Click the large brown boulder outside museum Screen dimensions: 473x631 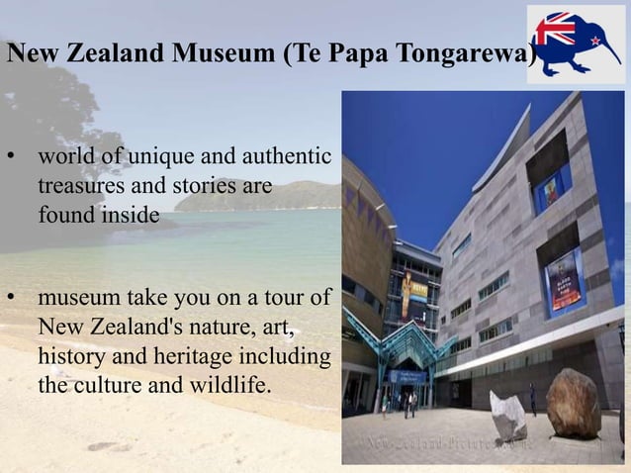click(x=573, y=403)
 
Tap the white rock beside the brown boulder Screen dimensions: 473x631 click(x=508, y=416)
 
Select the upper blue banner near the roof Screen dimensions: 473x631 click(x=551, y=188)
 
